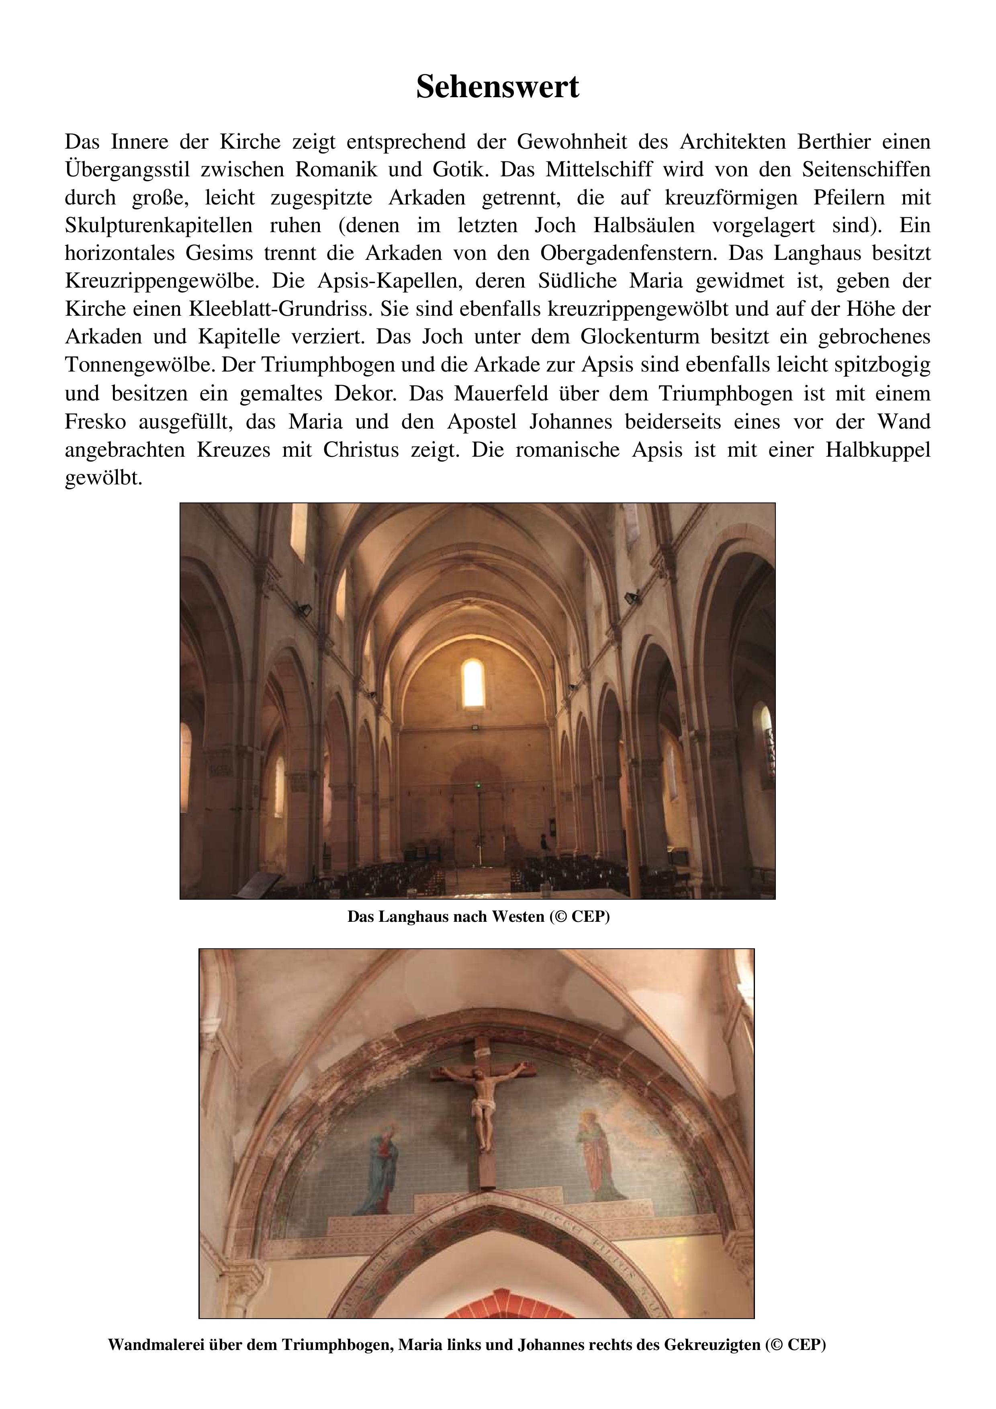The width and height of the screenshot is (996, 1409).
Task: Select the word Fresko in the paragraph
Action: (95, 422)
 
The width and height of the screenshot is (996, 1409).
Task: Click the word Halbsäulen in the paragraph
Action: (644, 226)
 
